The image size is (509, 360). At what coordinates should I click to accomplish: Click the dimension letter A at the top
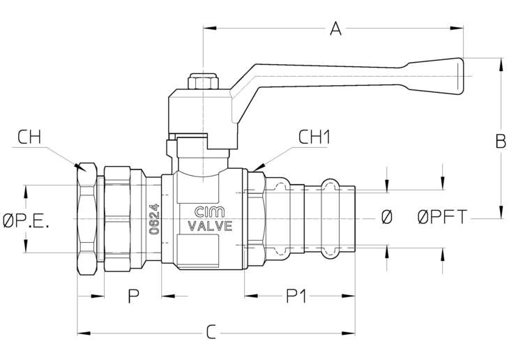(335, 29)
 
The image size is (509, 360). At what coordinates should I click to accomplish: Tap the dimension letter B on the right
(500, 141)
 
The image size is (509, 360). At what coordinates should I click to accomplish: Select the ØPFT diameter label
(442, 218)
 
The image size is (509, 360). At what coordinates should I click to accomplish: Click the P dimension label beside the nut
(132, 296)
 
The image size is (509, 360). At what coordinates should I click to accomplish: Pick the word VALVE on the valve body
(210, 225)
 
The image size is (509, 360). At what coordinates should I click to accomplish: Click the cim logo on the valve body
(210, 212)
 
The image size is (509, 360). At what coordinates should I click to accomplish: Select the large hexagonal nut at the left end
(87, 218)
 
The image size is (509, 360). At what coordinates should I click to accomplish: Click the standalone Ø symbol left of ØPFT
(387, 218)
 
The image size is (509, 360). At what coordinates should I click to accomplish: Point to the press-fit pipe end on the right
(338, 217)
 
